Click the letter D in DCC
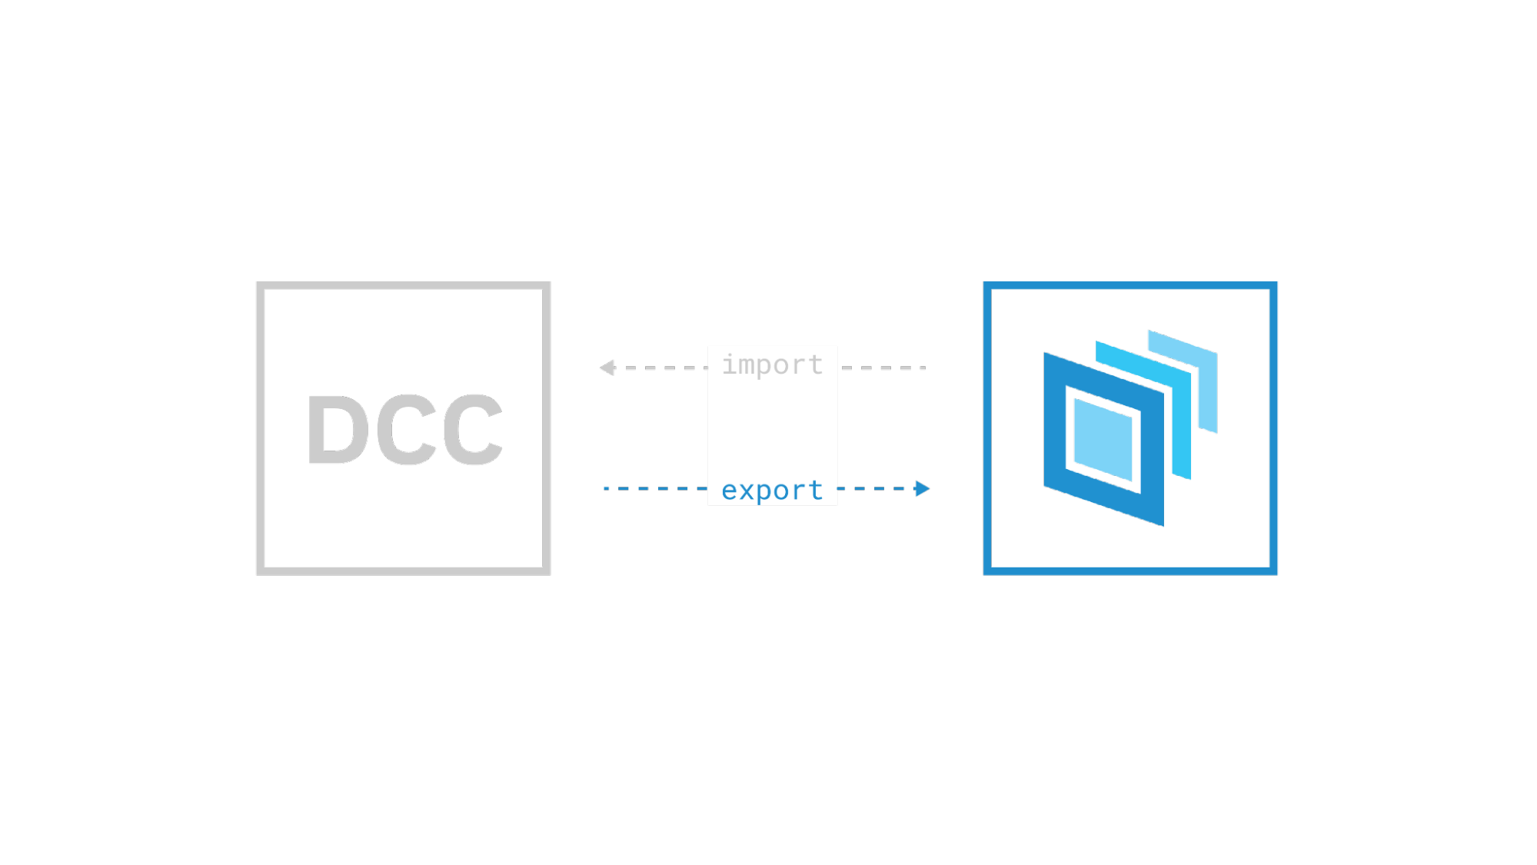pyautogui.click(x=338, y=429)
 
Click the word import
pyautogui.click(x=772, y=364)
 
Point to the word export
pyautogui.click(x=772, y=491)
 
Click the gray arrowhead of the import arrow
pyautogui.click(x=607, y=368)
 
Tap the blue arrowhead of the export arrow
pyautogui.click(x=922, y=488)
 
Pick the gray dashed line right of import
pyautogui.click(x=884, y=368)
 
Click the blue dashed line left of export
pyautogui.click(x=656, y=488)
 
